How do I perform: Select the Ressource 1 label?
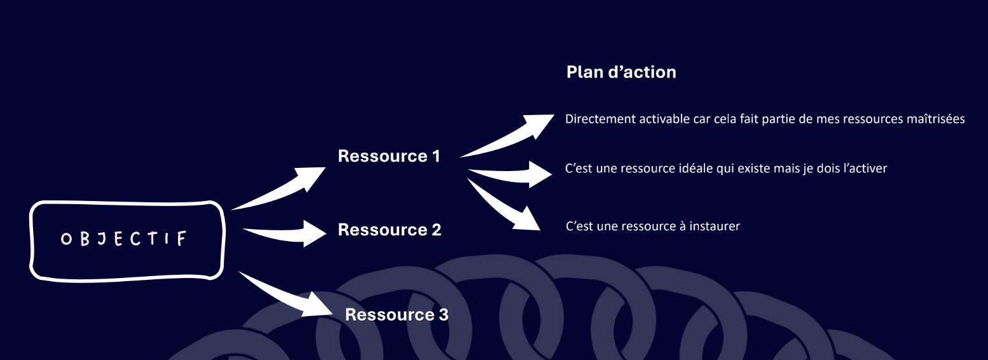click(388, 156)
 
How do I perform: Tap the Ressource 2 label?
click(389, 230)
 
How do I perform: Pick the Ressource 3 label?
click(397, 314)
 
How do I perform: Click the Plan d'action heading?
click(621, 73)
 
